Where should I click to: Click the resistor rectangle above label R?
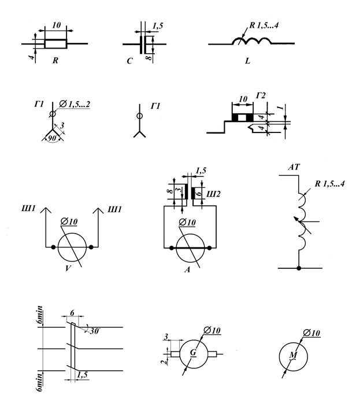pos(56,43)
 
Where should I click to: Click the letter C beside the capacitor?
pos(130,60)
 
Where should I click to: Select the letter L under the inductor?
pos(247,60)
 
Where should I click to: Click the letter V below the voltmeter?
pos(68,269)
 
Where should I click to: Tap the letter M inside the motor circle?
pos(294,353)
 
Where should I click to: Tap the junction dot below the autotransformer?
pos(299,268)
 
